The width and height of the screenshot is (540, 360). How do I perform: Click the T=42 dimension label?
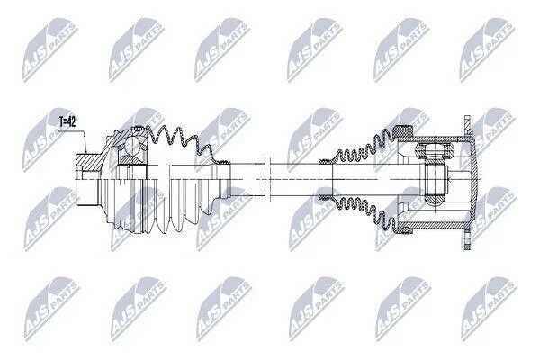(67, 122)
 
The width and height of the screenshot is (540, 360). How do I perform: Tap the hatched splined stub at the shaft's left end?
(89, 162)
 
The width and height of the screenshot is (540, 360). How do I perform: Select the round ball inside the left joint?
(131, 146)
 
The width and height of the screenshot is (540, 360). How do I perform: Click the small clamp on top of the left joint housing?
(139, 129)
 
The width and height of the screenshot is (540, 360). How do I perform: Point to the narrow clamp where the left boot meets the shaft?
(225, 162)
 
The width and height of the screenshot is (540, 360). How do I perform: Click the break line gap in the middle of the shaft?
(267, 179)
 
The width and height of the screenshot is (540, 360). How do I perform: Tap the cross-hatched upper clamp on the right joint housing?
(403, 130)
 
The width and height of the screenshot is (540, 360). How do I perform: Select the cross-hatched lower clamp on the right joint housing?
(403, 229)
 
